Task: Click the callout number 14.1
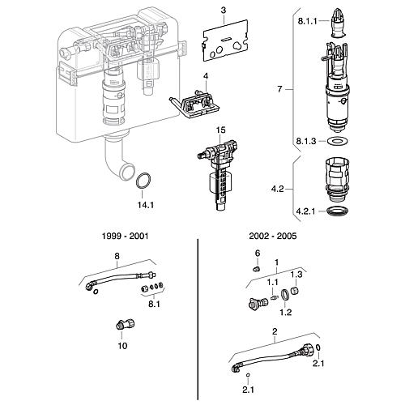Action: [x=146, y=205]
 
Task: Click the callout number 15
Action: [x=220, y=130]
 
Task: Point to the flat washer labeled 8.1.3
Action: [x=337, y=141]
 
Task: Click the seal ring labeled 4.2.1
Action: [x=337, y=211]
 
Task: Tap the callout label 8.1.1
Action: [x=307, y=21]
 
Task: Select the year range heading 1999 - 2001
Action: [x=125, y=236]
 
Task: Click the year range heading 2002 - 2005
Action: [x=273, y=236]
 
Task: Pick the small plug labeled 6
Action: [x=257, y=269]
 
